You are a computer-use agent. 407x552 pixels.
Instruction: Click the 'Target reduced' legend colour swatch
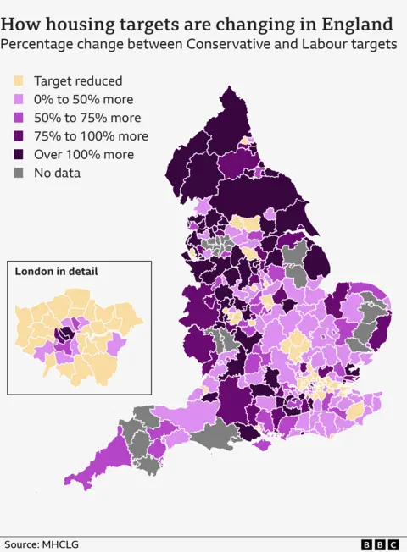18,81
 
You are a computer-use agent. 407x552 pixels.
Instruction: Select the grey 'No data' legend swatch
18,173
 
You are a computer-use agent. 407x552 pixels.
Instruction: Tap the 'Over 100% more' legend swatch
18,155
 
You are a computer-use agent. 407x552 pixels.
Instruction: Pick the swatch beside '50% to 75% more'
18,119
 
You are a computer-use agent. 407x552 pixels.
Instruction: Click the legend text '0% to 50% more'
85,100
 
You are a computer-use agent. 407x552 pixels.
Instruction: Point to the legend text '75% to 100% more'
91,136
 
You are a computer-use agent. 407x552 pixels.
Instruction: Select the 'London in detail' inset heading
56,272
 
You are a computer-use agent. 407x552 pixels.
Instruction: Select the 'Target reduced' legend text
78,81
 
